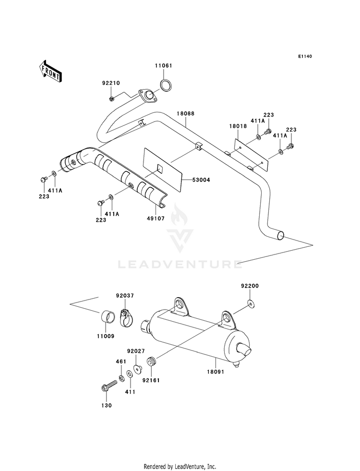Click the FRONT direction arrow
(50, 71)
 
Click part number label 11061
(164, 66)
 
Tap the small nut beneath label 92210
(111, 98)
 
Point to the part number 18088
(186, 113)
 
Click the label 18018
(238, 126)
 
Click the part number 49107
(156, 218)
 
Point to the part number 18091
(216, 372)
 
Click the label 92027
(136, 351)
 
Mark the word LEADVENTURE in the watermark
(180, 265)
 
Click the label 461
(121, 362)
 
